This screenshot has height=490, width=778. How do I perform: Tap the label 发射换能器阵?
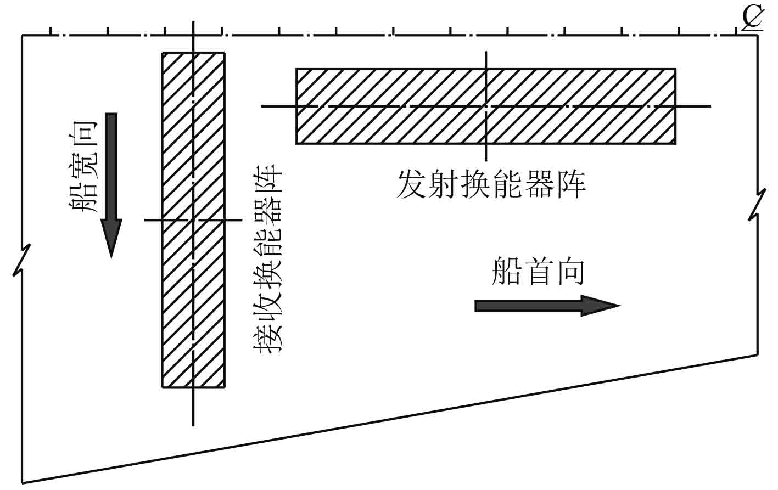pyautogui.click(x=491, y=184)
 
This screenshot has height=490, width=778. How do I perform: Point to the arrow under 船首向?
pyautogui.click(x=547, y=305)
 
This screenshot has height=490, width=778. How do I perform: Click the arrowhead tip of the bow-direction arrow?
pyautogui.click(x=619, y=305)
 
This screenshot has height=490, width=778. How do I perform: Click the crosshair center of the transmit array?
pyautogui.click(x=486, y=105)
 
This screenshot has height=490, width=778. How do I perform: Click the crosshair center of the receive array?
pyautogui.click(x=193, y=220)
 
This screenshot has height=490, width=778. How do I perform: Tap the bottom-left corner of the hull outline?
pyautogui.click(x=23, y=483)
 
